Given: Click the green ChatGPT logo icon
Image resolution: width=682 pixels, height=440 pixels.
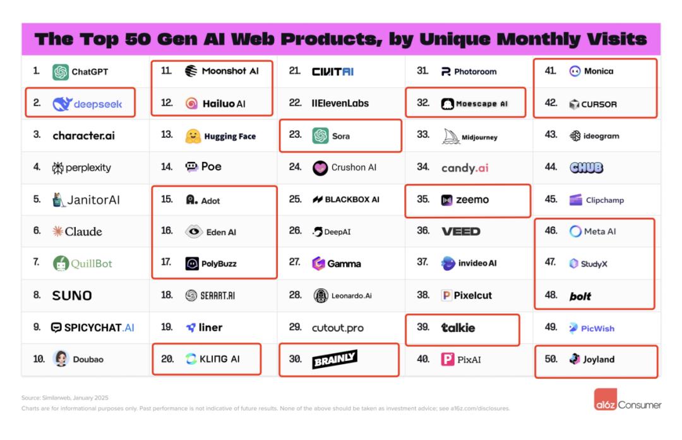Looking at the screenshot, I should click(x=61, y=72).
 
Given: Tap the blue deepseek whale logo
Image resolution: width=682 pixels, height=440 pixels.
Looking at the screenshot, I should click(x=62, y=104).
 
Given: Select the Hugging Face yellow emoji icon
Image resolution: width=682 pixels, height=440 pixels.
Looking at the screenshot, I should click(x=193, y=136).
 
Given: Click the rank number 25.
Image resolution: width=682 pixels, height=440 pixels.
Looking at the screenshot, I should click(x=295, y=199).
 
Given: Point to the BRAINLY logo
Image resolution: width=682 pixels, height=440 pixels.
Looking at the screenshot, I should click(x=335, y=360).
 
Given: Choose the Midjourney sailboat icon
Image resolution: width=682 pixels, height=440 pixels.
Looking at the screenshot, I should click(x=450, y=136).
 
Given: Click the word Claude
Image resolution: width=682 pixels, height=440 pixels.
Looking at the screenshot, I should click(x=83, y=231).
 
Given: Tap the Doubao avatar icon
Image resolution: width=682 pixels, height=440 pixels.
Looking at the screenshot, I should click(x=61, y=358).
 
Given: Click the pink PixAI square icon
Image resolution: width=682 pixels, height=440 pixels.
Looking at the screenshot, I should click(x=448, y=359).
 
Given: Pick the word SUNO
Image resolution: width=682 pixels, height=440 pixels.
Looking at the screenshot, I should click(x=72, y=295).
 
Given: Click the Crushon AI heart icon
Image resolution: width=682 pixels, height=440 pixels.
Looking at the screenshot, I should click(x=321, y=168).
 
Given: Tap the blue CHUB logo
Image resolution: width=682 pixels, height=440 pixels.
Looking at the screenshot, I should click(x=586, y=168).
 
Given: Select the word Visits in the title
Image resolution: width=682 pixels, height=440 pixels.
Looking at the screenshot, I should click(x=616, y=39).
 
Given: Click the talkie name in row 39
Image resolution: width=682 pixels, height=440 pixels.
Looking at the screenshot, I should click(x=458, y=327).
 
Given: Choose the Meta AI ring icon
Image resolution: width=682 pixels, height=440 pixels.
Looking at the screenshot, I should click(x=575, y=231).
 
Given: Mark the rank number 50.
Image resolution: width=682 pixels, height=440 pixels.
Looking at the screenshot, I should click(x=551, y=359).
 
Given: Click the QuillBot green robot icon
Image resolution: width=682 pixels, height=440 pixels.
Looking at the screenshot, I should click(x=61, y=264).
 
